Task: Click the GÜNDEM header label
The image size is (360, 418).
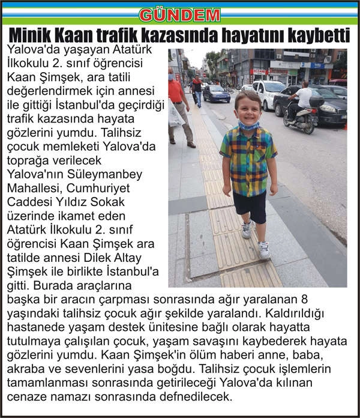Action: (x=180, y=14)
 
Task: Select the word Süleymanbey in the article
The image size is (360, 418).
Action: (x=106, y=175)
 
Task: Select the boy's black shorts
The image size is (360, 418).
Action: (x=250, y=206)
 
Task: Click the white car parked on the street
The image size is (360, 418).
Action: (x=268, y=94)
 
